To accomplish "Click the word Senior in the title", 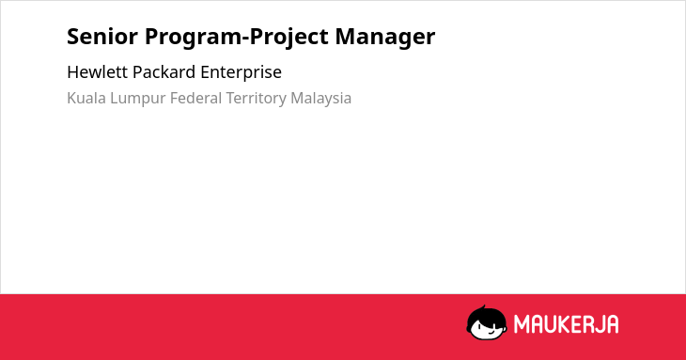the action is coord(102,36).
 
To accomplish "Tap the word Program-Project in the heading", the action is coord(236,38).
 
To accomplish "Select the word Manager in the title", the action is coord(385,38).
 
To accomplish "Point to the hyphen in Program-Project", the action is coord(245,39).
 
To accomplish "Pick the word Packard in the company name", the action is coord(164,71).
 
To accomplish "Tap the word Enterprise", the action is coord(242,72).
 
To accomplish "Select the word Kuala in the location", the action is coord(86,98).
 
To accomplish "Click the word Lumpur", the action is coord(138,99).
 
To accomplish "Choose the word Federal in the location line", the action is coord(195,98).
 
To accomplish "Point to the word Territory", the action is coord(256,99).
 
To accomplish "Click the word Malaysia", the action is coord(320,99).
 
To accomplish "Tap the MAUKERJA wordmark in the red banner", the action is coord(566,324).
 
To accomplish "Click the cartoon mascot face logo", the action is coord(487,322).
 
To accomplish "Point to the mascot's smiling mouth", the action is coord(490,333).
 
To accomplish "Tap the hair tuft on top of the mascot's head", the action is coord(483,308).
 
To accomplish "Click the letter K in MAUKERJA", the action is coord(564,324).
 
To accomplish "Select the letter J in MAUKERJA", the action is coord(598,324).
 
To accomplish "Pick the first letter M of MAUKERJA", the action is coord(521,324).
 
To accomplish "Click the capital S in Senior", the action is coord(72,37).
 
